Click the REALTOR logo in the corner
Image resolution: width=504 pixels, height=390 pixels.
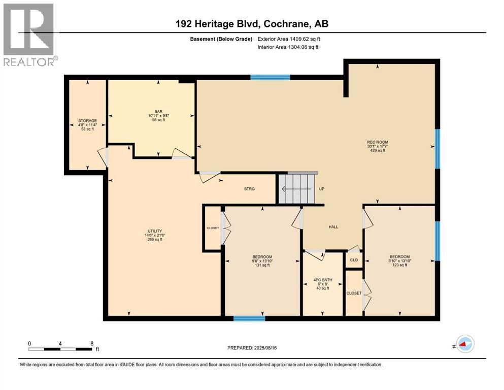click(29, 35)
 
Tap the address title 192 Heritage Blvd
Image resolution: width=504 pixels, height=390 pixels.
click(252, 24)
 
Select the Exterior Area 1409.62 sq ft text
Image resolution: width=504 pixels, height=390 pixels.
click(289, 39)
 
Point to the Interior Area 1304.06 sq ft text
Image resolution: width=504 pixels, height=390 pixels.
click(288, 47)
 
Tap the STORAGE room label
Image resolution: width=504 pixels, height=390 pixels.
click(87, 121)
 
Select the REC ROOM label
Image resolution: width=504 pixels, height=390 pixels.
click(377, 142)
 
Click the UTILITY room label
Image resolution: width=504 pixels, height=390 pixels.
click(154, 231)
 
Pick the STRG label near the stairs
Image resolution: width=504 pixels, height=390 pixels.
click(249, 189)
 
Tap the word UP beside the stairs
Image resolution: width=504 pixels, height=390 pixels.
click(321, 189)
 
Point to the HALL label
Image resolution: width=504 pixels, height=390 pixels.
click(333, 227)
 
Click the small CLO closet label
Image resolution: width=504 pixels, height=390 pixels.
click(354, 260)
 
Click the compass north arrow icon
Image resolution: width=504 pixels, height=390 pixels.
click(464, 344)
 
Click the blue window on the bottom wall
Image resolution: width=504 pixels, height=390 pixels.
click(249, 319)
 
